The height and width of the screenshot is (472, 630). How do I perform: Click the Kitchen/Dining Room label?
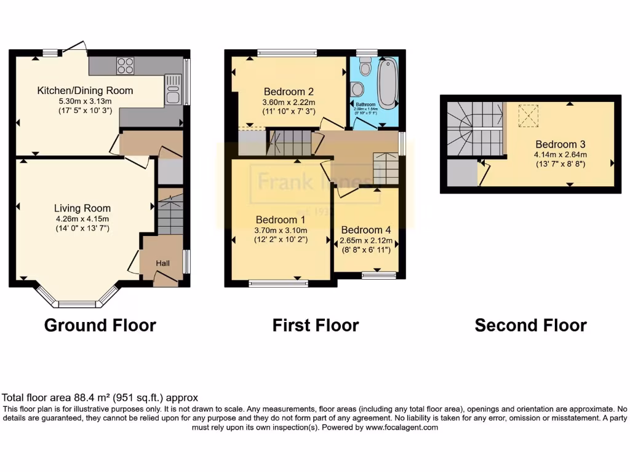pos(85,90)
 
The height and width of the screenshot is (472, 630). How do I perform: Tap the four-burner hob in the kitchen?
pos(126,65)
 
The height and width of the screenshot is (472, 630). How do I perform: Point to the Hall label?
pos(162,263)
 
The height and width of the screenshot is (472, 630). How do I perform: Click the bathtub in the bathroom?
pos(387,83)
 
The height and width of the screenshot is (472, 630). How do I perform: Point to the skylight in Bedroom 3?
pos(527,116)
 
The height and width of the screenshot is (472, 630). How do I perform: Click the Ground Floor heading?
pos(100,325)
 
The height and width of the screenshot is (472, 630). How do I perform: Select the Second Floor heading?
pos(530,325)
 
